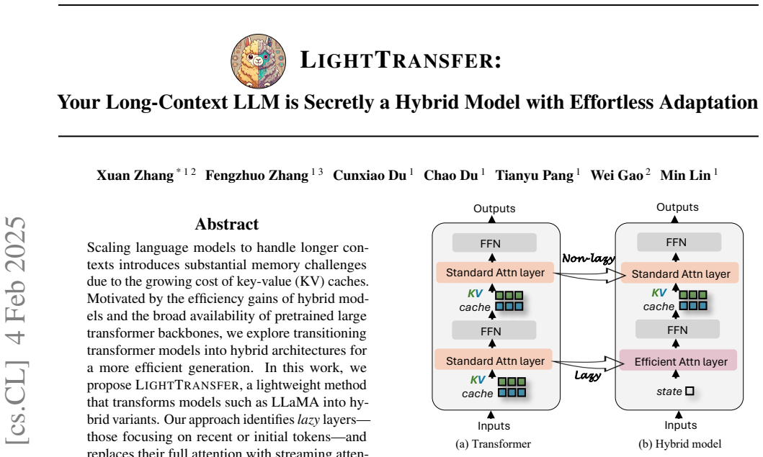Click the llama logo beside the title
(x=259, y=61)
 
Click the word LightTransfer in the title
(x=401, y=60)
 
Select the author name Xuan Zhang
(x=135, y=175)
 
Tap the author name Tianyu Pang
(x=535, y=175)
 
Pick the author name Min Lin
(x=685, y=175)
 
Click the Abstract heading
(x=227, y=224)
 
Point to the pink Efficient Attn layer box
(x=678, y=361)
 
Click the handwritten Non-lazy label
(x=589, y=258)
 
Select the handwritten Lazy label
(x=588, y=375)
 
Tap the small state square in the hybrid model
(x=690, y=391)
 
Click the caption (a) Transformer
(x=493, y=444)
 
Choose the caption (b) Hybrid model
(x=680, y=444)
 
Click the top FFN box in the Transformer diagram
(x=494, y=243)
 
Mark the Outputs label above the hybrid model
(x=677, y=207)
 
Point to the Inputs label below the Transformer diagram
(x=494, y=426)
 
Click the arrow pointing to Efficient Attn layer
(x=589, y=363)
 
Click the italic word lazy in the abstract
(x=308, y=420)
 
